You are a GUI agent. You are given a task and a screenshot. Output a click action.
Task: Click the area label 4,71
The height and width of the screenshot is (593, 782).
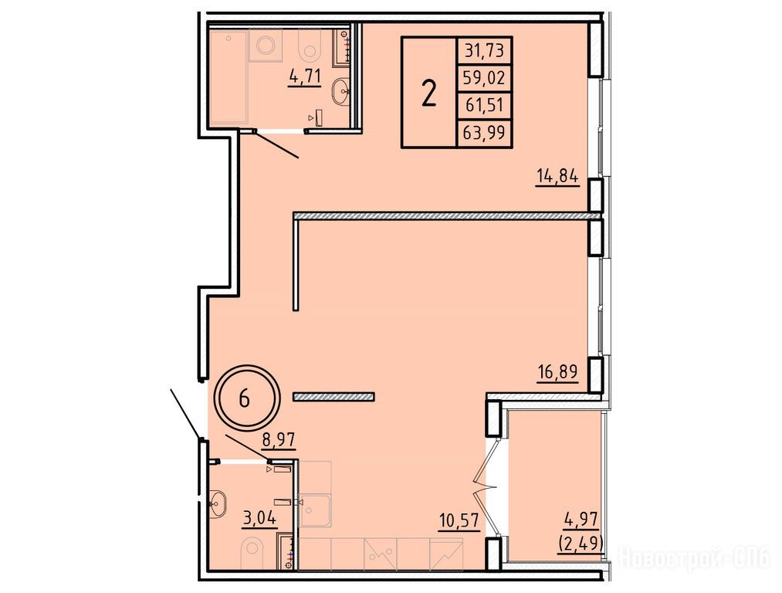click(304, 77)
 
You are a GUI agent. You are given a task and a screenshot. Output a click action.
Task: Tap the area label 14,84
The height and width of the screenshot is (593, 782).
click(557, 176)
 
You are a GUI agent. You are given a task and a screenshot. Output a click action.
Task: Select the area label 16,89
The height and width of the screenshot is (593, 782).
click(557, 372)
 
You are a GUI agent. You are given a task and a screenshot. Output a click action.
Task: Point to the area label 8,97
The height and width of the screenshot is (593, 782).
click(279, 440)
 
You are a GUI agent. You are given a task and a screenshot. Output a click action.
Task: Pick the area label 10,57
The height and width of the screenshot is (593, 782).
click(459, 521)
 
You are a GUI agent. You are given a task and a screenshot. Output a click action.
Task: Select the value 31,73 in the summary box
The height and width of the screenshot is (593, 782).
click(484, 50)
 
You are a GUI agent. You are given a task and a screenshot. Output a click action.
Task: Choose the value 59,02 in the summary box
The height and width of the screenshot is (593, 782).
click(484, 78)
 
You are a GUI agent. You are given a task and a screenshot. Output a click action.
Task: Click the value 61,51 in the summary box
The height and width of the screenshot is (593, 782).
click(484, 105)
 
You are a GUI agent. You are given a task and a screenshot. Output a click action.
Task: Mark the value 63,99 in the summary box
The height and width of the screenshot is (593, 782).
click(484, 133)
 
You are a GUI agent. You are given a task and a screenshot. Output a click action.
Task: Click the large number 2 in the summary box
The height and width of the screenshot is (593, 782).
click(429, 93)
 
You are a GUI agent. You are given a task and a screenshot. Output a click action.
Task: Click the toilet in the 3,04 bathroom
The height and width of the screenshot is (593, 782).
click(252, 554)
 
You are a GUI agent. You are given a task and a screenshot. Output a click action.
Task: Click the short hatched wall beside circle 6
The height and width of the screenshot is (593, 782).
click(334, 397)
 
